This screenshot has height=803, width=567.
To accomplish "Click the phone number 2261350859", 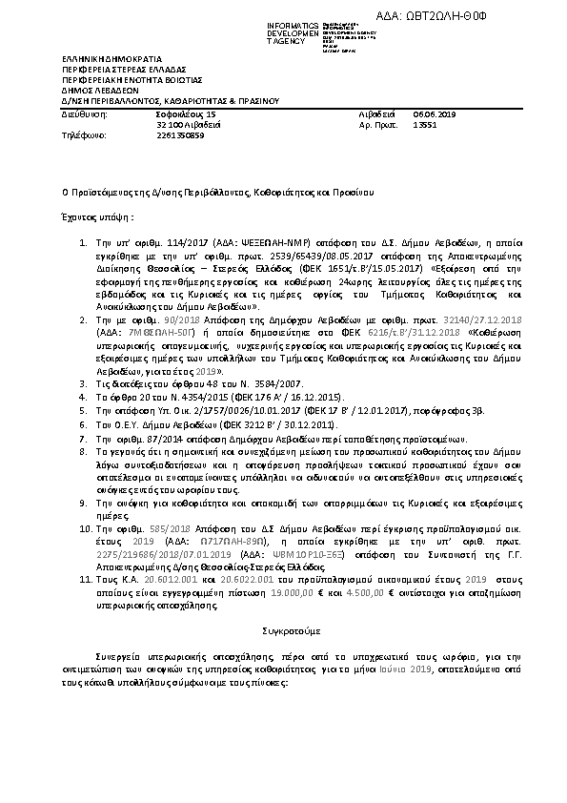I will (x=179, y=134).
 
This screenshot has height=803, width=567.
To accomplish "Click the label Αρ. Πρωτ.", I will (x=376, y=124).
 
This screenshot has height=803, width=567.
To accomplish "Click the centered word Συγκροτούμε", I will (x=283, y=631).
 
